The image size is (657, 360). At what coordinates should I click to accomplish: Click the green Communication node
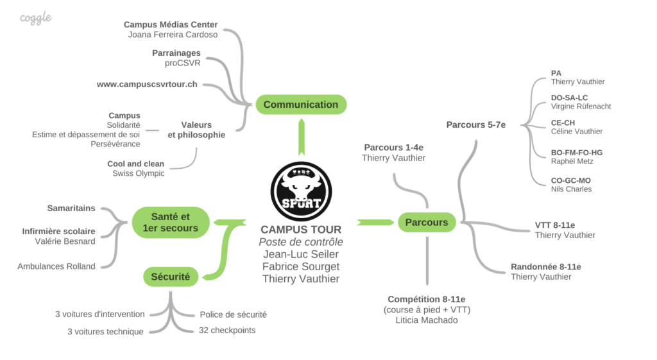click(x=301, y=105)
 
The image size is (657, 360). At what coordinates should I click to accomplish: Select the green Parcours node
click(x=427, y=222)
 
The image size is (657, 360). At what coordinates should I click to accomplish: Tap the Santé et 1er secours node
click(x=171, y=222)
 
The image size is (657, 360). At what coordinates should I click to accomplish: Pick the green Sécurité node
click(x=171, y=277)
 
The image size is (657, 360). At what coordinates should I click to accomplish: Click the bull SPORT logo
click(x=302, y=191)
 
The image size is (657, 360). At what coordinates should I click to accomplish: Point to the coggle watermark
click(x=36, y=18)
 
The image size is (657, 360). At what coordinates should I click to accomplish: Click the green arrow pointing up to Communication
click(x=302, y=137)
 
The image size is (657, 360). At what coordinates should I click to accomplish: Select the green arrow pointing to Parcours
click(x=375, y=222)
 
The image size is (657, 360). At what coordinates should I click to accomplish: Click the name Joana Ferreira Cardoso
click(x=173, y=35)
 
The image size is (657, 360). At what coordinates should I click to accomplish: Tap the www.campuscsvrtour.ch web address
click(x=147, y=84)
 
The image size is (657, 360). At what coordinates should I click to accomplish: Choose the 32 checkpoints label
click(x=227, y=330)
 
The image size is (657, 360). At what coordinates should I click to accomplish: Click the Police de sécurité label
click(x=233, y=314)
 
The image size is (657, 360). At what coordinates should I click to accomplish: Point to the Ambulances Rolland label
click(x=56, y=266)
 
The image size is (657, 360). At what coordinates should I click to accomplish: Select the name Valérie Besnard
click(x=65, y=241)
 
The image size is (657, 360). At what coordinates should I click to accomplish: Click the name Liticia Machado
click(x=427, y=320)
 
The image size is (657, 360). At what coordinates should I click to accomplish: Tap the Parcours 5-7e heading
click(x=476, y=125)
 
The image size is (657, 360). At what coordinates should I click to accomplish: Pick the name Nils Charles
click(x=571, y=189)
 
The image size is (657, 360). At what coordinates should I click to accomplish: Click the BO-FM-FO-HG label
click(x=577, y=153)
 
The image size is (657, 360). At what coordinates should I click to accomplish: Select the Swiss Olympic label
click(x=139, y=173)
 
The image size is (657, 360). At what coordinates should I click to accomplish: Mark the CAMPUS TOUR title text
click(x=301, y=230)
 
